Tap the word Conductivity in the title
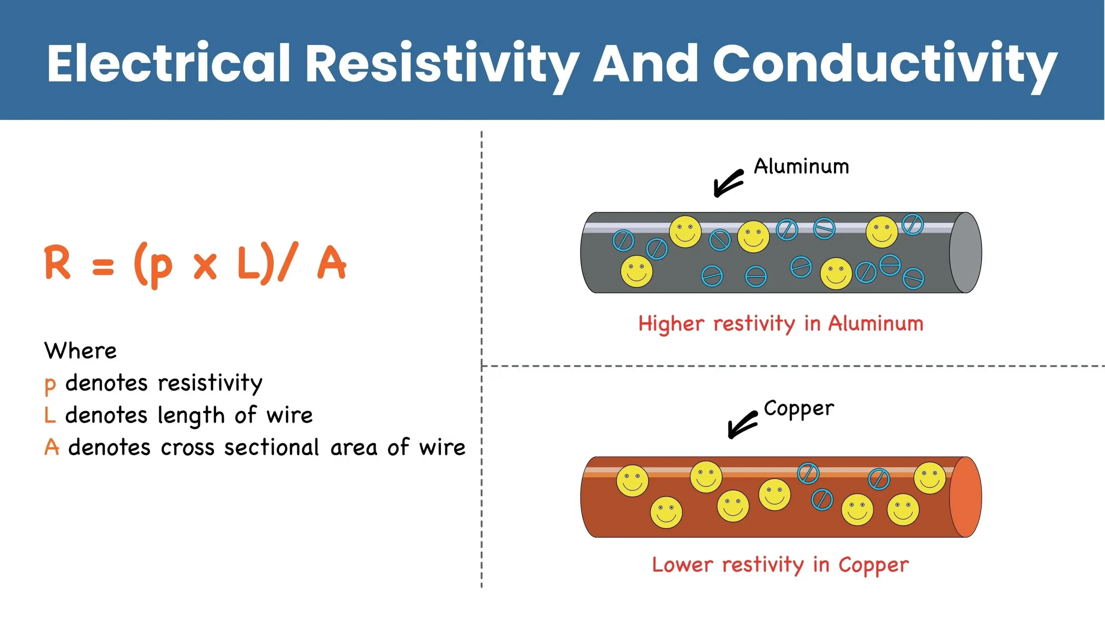tap(885, 63)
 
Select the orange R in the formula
tap(57, 262)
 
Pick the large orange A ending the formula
tap(331, 263)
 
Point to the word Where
tap(80, 350)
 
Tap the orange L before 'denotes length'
tap(50, 415)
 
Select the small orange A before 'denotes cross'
tap(52, 447)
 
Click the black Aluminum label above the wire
tap(801, 167)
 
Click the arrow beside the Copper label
tap(742, 425)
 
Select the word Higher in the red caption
tap(671, 324)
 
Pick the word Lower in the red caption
tap(682, 565)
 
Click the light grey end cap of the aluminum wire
tap(966, 252)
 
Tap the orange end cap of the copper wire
tap(966, 497)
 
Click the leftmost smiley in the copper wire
tap(632, 480)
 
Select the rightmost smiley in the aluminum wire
tap(881, 232)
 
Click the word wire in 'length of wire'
tap(289, 415)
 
